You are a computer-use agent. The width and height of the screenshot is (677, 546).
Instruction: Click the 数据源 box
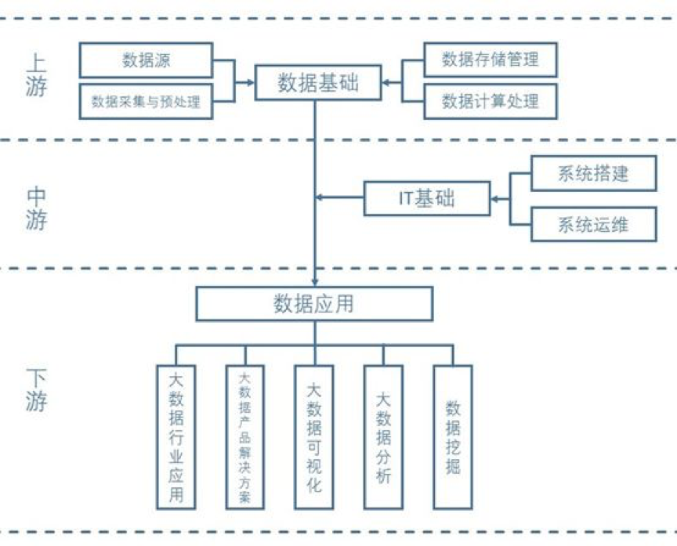(x=147, y=60)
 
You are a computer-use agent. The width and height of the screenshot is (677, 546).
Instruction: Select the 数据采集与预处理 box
(x=147, y=102)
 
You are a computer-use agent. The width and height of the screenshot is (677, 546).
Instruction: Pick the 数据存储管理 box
(x=491, y=60)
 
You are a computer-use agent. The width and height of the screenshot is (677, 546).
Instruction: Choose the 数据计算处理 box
(x=491, y=101)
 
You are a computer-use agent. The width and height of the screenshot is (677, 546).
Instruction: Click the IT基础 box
(x=427, y=198)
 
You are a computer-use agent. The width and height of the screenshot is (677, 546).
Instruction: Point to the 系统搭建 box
(x=593, y=173)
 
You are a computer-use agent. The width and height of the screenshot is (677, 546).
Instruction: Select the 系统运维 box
(x=593, y=225)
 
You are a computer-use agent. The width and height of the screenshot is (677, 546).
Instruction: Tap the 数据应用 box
(x=313, y=303)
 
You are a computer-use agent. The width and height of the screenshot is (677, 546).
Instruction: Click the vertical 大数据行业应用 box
(x=176, y=436)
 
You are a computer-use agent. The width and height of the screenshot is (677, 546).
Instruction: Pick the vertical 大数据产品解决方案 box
(x=244, y=436)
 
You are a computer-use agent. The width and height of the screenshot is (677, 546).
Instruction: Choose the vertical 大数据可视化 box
(x=313, y=436)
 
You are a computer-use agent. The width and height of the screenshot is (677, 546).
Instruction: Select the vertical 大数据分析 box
(x=383, y=436)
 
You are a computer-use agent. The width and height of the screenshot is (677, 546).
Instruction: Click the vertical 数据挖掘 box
(x=453, y=436)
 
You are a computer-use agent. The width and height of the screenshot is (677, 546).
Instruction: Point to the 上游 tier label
(x=36, y=74)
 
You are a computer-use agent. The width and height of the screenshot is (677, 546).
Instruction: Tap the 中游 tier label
(x=36, y=208)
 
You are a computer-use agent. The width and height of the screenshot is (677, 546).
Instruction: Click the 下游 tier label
(x=36, y=389)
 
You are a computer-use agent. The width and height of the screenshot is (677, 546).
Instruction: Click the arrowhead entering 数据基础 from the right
(x=387, y=81)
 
